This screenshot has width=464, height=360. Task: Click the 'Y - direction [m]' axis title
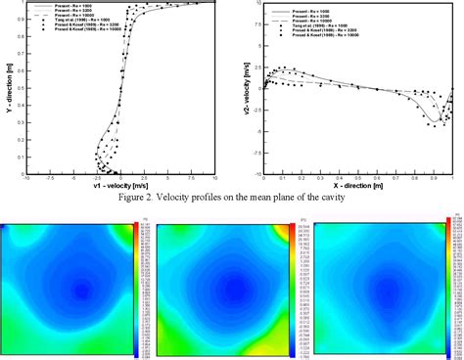coord(9,88)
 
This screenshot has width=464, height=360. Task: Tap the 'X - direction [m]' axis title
coord(357,184)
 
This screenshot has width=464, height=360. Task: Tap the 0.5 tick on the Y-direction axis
coord(18,88)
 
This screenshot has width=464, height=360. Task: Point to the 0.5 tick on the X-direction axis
coord(358,177)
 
